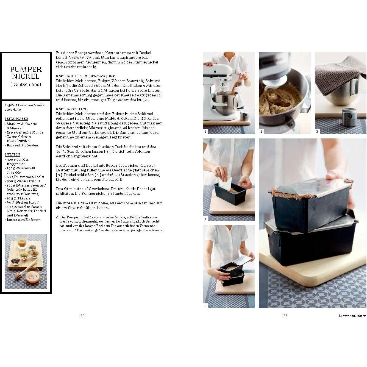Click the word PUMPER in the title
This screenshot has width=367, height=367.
(x=26, y=69)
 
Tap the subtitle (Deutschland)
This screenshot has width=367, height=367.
(x=26, y=84)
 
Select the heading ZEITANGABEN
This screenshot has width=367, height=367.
(x=16, y=119)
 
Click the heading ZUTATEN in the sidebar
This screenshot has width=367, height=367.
(x=12, y=154)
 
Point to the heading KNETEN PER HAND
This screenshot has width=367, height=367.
(x=72, y=109)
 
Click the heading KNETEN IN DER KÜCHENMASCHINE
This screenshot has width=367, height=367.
(x=85, y=76)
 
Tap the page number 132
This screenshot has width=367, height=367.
(x=82, y=316)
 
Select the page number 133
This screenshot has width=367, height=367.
(x=284, y=316)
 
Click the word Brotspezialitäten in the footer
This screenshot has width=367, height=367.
(x=352, y=316)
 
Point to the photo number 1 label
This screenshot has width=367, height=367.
(x=205, y=131)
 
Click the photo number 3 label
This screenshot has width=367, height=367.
(x=317, y=131)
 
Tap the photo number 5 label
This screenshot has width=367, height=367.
(x=205, y=305)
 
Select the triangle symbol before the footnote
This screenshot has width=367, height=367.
(x=57, y=217)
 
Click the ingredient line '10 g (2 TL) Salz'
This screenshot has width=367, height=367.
(x=18, y=198)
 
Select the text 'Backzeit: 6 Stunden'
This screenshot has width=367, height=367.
(x=22, y=145)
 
